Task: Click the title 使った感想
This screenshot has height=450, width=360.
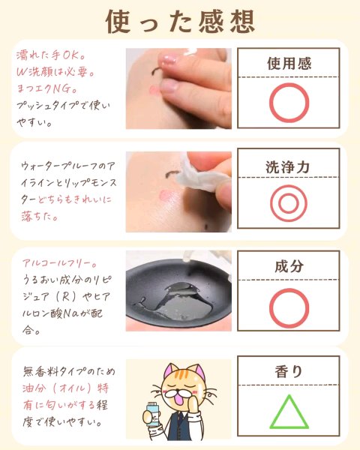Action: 180,22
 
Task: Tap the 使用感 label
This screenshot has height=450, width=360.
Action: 289,64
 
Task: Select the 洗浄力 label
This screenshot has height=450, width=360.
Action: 288,167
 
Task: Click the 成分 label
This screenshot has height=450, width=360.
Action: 289,266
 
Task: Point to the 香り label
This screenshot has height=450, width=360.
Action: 289,371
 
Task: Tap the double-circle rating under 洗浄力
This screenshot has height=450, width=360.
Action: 289,203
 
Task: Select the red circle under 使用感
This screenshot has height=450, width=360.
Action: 289,103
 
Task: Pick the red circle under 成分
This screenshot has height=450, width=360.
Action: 289,308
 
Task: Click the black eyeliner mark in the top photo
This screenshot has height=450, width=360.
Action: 157,71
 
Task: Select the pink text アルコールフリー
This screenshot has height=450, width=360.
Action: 60,263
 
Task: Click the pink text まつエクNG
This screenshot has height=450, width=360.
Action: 46,88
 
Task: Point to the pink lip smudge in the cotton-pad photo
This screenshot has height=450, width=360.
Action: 167,196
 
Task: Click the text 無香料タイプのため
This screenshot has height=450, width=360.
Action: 69,371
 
